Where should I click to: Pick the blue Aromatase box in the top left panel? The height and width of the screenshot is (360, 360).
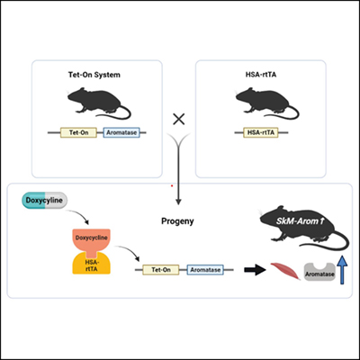click(x=120, y=136)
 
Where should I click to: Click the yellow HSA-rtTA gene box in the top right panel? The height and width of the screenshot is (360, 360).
click(x=261, y=136)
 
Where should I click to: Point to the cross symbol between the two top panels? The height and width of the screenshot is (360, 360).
click(x=179, y=118)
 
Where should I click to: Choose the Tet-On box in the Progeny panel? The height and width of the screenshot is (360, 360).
click(x=162, y=268)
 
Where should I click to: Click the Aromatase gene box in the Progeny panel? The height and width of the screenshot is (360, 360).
click(x=206, y=268)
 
